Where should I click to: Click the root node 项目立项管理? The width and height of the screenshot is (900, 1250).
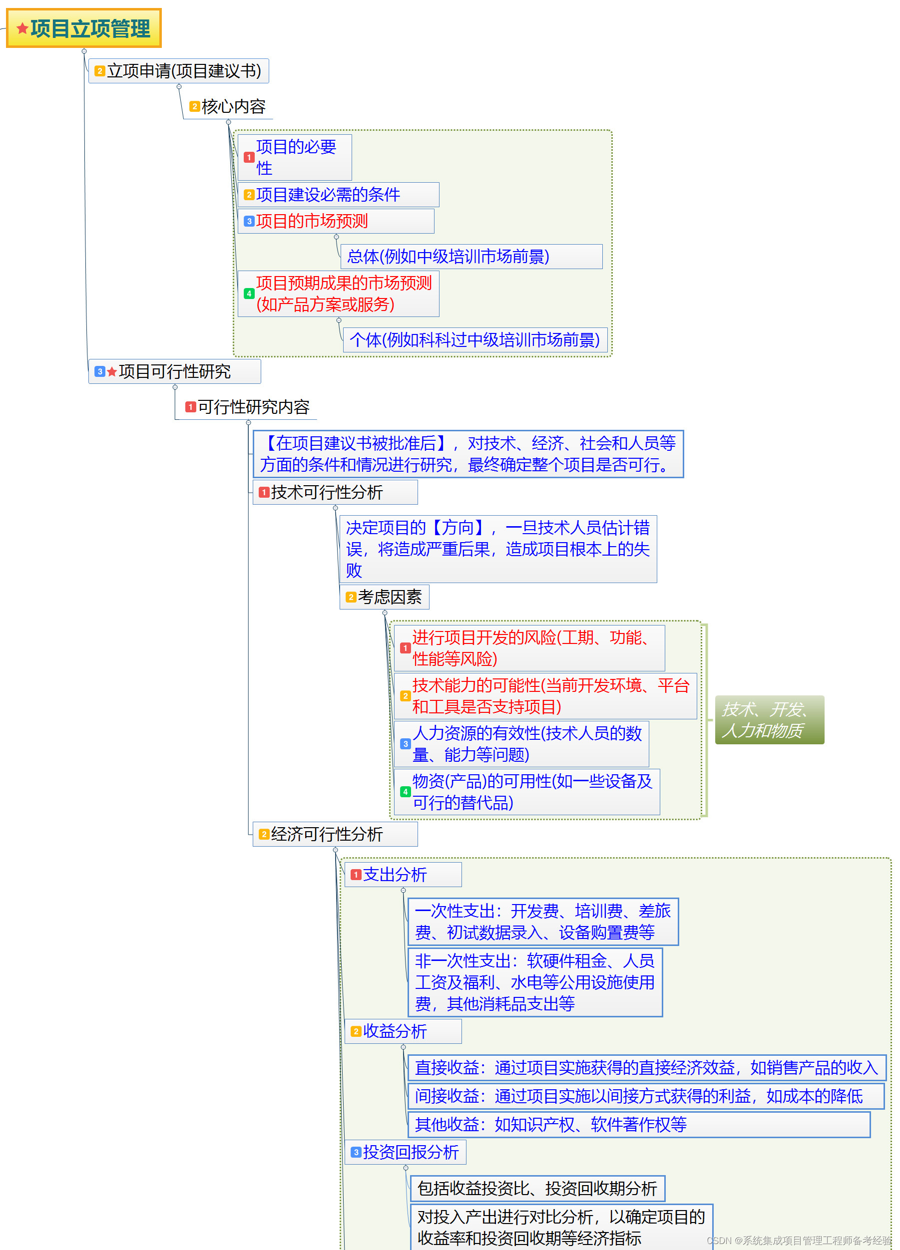(84, 28)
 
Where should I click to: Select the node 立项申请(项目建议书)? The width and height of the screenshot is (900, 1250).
(179, 71)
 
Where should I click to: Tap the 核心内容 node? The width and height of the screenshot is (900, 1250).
(228, 107)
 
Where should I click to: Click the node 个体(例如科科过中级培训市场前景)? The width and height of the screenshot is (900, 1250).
(475, 340)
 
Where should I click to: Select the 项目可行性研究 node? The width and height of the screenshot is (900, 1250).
(174, 371)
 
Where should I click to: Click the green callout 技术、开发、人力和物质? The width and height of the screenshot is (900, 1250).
(769, 720)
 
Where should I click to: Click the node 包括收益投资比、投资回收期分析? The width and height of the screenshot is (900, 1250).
(537, 1189)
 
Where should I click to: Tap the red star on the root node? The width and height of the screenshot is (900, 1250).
(22, 28)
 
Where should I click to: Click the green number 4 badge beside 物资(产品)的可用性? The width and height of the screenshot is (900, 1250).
(406, 792)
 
